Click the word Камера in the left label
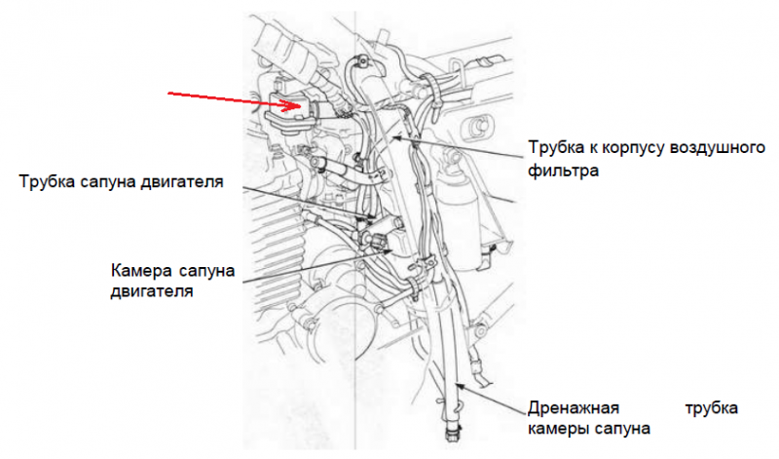(x=141, y=271)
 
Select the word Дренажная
(x=574, y=408)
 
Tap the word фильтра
(x=564, y=172)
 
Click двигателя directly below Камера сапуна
(x=152, y=291)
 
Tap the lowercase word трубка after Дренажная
(x=711, y=408)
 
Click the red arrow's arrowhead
(x=293, y=105)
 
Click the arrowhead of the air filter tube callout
(x=396, y=137)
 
